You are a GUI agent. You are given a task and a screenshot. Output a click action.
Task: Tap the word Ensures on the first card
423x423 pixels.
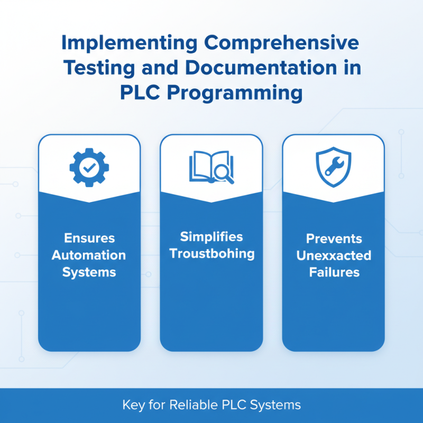[89, 238]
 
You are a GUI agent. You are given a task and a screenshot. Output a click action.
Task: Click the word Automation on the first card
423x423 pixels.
[89, 255]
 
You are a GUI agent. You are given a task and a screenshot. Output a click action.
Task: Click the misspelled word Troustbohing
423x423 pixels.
[212, 253]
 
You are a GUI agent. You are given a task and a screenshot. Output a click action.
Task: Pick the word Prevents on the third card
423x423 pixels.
[334, 238]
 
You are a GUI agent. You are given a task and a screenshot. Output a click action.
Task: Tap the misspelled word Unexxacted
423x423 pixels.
[334, 255]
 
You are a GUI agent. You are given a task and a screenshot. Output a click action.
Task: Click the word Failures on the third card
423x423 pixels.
[334, 273]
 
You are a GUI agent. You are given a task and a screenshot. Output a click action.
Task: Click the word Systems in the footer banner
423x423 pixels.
[274, 406]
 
